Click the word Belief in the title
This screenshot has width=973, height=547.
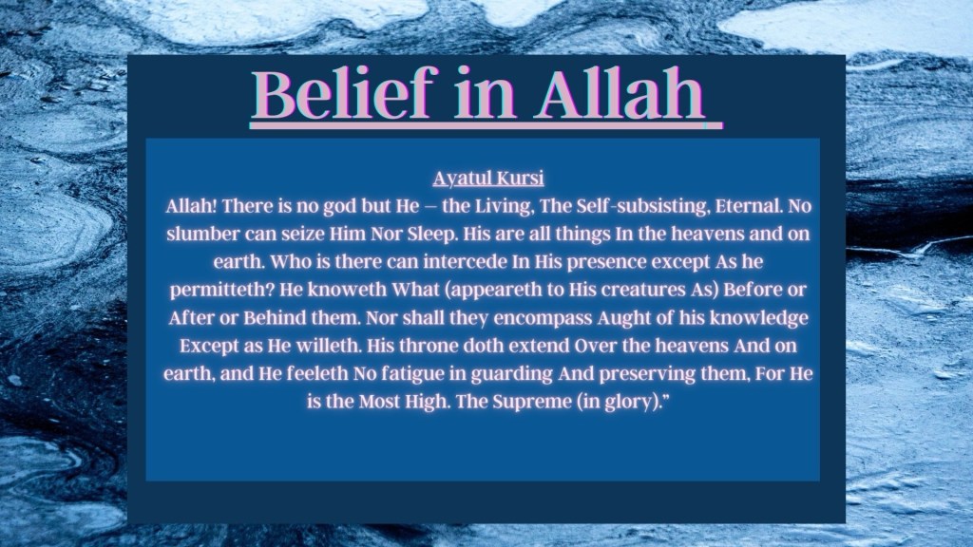click(x=341, y=93)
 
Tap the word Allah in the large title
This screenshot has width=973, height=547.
click(x=620, y=93)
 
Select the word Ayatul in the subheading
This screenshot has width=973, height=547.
click(x=455, y=179)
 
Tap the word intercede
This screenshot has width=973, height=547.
click(x=465, y=262)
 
